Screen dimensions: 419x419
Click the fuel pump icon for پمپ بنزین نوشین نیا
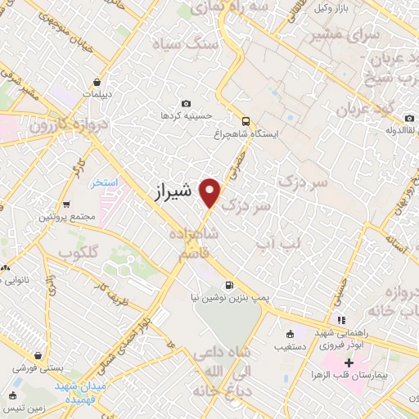228,286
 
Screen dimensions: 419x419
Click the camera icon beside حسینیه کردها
186,104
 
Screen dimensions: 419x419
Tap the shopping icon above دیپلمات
97,82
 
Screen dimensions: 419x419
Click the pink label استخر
104,182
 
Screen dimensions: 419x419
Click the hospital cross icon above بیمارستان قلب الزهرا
350,362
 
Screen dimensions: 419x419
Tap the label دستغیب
291,346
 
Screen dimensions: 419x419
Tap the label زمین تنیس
25,407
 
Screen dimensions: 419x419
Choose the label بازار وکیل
336,9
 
